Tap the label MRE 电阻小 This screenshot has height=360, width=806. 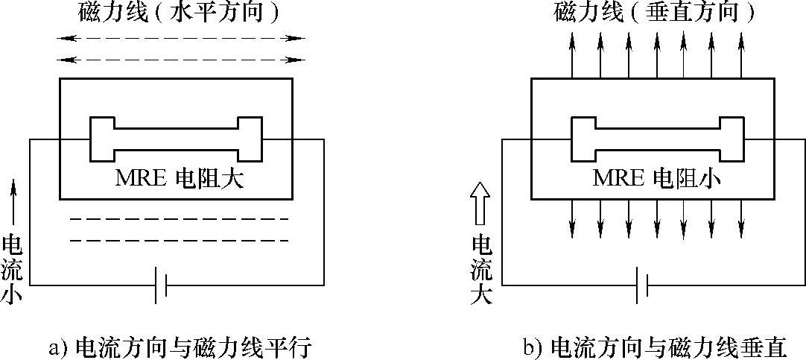[x=650, y=179]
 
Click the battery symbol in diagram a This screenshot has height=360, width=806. [x=160, y=285]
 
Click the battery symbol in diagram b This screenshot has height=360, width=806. [x=641, y=285]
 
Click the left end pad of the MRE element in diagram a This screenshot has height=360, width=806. [x=101, y=139]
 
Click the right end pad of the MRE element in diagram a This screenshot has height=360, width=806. [x=250, y=139]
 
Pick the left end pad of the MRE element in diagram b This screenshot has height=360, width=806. [x=583, y=139]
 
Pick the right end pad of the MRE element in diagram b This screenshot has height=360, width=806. [x=731, y=139]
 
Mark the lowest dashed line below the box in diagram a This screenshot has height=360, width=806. [x=179, y=241]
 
